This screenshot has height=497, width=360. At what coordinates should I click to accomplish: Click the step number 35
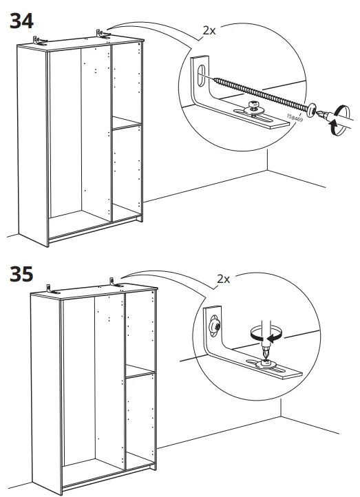coord(23,274)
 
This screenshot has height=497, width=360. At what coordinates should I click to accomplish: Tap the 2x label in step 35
coord(222,279)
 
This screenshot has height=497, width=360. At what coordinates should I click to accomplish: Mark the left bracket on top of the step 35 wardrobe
coord(51,287)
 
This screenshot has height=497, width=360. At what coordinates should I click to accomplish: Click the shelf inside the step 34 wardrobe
coord(127,124)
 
